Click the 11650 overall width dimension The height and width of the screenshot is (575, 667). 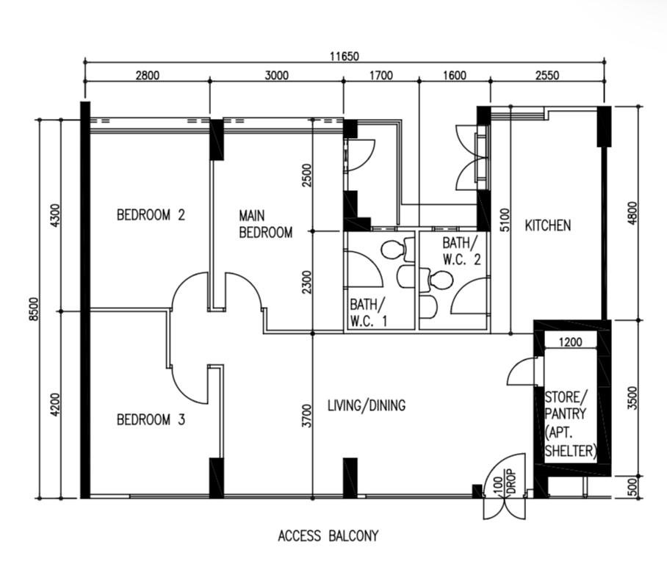coord(345,56)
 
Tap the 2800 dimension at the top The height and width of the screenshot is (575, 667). coord(148,76)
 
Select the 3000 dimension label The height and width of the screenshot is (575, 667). coord(276,76)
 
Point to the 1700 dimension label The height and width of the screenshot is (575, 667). coord(381,76)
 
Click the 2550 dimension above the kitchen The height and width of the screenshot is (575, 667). coord(547,76)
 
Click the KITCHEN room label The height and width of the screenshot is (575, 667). coord(548,225)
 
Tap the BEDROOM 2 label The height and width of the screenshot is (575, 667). coord(151,214)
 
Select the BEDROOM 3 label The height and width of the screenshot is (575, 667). coord(151,420)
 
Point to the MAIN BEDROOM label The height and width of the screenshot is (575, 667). coord(265,224)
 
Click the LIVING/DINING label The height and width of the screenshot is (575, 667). coord(367,405)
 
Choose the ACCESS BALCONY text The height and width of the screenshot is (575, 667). coord(328,536)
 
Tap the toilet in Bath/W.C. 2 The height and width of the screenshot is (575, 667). coord(436,280)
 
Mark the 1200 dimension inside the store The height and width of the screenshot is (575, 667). coord(571,342)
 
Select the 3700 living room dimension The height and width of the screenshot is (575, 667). coord(306,416)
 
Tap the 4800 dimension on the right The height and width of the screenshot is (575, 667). coord(633,214)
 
